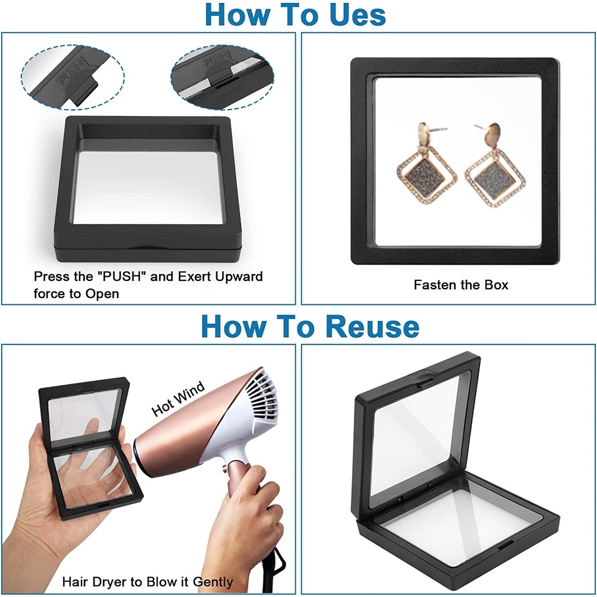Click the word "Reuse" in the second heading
(373, 326)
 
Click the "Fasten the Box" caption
(461, 285)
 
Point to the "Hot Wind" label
(178, 398)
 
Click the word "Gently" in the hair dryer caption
(212, 582)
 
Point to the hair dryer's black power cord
(275, 571)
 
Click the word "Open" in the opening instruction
(102, 294)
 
